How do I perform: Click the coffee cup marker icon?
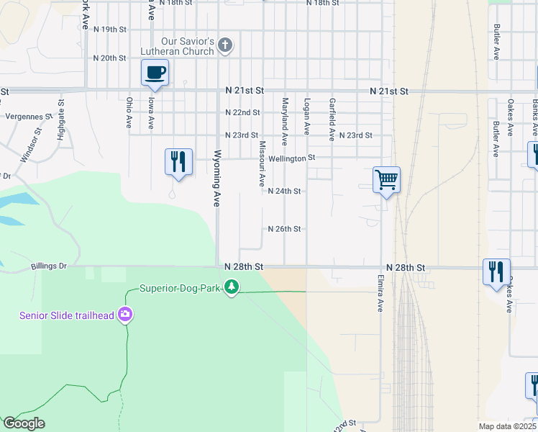155,72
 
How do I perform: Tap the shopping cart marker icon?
386,179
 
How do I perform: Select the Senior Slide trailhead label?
67,315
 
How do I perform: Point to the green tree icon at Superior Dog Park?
231,288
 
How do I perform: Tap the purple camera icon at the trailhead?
126,315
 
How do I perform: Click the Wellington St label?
292,157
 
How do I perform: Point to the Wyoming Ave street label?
216,179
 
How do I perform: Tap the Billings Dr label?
49,266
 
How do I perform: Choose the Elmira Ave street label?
380,292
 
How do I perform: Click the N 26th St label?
283,229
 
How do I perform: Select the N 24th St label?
283,192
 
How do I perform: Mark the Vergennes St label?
29,116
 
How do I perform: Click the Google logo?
23,423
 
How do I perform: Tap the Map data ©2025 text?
508,426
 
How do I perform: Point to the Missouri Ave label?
263,161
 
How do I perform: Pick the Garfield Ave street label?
332,120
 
